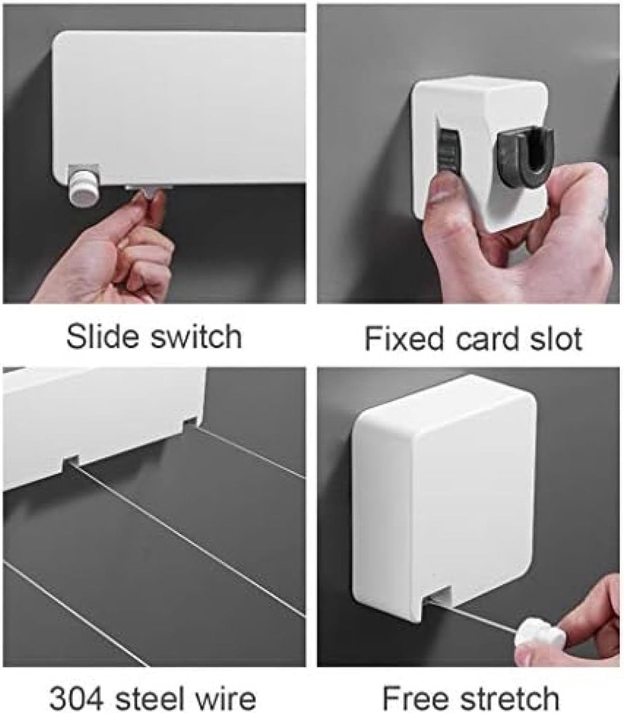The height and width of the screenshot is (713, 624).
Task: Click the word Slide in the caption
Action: coord(102,336)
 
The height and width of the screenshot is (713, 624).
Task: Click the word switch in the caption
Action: coord(196,336)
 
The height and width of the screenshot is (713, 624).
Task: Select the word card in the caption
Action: coord(487,339)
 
